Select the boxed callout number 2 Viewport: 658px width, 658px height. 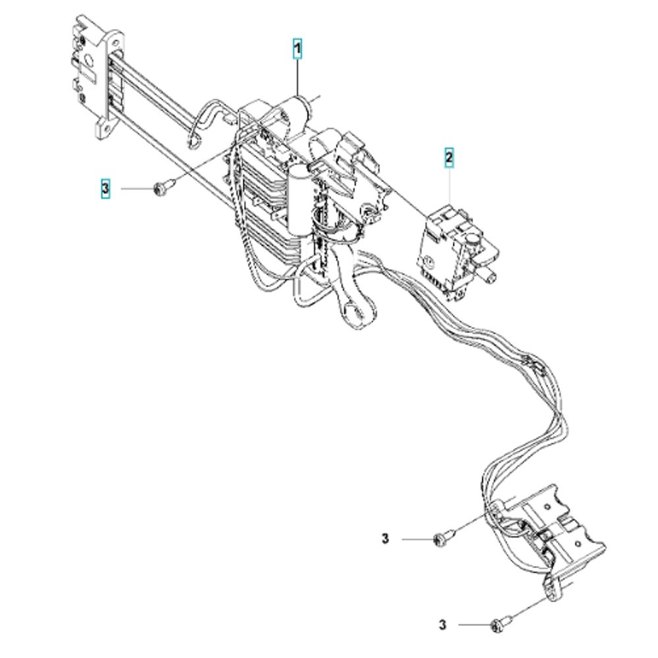tap(449, 158)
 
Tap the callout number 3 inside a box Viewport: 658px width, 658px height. tap(106, 189)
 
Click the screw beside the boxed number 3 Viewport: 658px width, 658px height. tap(160, 189)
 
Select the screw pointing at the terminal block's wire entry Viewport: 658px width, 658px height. tap(442, 539)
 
